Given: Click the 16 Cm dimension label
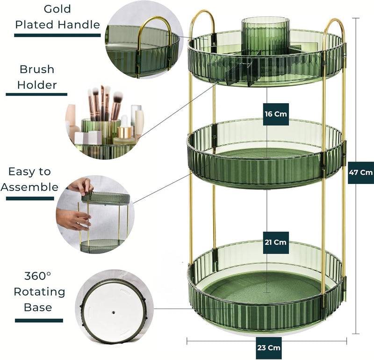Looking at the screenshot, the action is pyautogui.click(x=276, y=114).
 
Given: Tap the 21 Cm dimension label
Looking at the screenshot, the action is pyautogui.click(x=276, y=242).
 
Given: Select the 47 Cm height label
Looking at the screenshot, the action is pyautogui.click(x=360, y=172).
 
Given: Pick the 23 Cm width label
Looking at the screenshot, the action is pyautogui.click(x=269, y=347).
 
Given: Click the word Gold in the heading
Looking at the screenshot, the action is pyautogui.click(x=57, y=9).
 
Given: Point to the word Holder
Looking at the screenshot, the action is pyautogui.click(x=37, y=85).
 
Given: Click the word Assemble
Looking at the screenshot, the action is pyautogui.click(x=29, y=187).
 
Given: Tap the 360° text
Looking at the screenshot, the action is pyautogui.click(x=38, y=276).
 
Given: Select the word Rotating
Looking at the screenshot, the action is pyautogui.click(x=39, y=292).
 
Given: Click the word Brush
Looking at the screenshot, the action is pyautogui.click(x=37, y=69).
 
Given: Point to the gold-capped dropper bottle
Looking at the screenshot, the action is pyautogui.click(x=124, y=134).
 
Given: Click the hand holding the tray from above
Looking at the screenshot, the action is pyautogui.click(x=81, y=186).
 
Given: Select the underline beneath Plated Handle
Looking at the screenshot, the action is pyautogui.click(x=57, y=35).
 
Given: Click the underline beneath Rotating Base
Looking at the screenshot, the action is pyautogui.click(x=39, y=320).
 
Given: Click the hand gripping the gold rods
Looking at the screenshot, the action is pyautogui.click(x=73, y=219).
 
